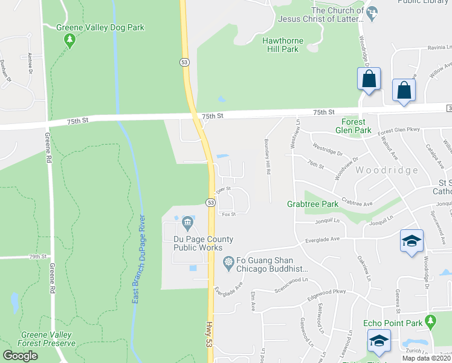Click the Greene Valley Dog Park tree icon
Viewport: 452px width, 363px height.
click(x=70, y=41)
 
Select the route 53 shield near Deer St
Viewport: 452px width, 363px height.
click(x=210, y=202)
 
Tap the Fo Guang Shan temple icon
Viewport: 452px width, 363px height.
click(x=228, y=261)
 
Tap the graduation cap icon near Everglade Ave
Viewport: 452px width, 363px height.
click(x=412, y=241)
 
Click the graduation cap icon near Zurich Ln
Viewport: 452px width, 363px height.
click(x=379, y=341)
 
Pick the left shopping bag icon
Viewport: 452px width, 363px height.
click(x=369, y=79)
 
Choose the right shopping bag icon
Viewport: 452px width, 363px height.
click(x=404, y=90)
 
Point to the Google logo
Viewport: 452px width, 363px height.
click(x=21, y=355)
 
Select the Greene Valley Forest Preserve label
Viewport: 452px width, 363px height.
click(x=48, y=339)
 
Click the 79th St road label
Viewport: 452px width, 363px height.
click(x=37, y=257)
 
